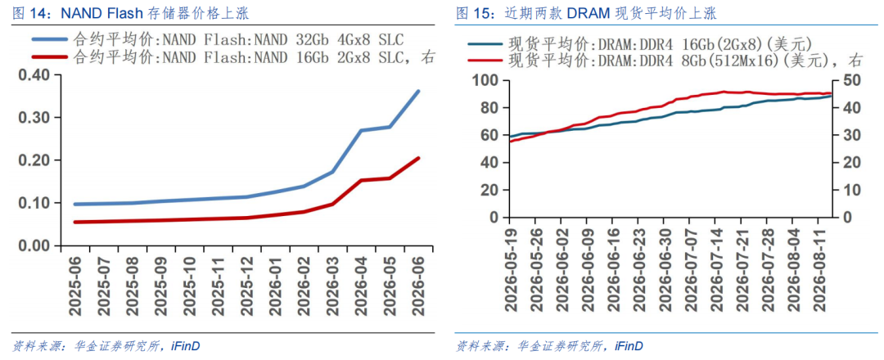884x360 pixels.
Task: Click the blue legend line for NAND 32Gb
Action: pos(50,39)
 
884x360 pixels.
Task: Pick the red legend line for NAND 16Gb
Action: pos(50,56)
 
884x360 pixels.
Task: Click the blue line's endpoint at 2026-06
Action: pos(418,91)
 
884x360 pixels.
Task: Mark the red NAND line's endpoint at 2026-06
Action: pos(418,158)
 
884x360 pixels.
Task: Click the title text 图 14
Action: pos(26,12)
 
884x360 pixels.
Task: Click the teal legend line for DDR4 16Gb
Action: pos(485,43)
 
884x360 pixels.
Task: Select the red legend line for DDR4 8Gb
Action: pos(485,59)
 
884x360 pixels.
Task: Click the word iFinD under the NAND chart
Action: pos(186,345)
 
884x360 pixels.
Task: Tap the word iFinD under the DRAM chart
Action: pos(629,345)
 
